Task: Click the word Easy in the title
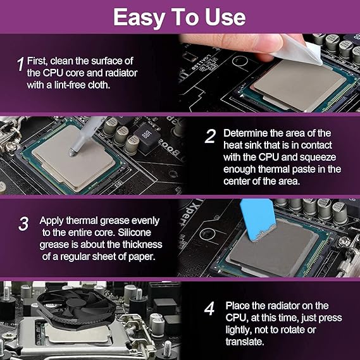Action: click(x=139, y=18)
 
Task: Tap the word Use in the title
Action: click(x=225, y=17)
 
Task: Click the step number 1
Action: click(x=21, y=64)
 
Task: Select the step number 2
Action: click(x=210, y=136)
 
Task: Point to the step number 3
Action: click(x=23, y=223)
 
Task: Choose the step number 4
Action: click(x=209, y=309)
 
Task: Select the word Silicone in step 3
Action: click(x=134, y=233)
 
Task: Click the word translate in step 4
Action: click(x=245, y=342)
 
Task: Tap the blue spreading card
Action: click(x=258, y=220)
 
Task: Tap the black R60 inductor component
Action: click(x=147, y=137)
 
